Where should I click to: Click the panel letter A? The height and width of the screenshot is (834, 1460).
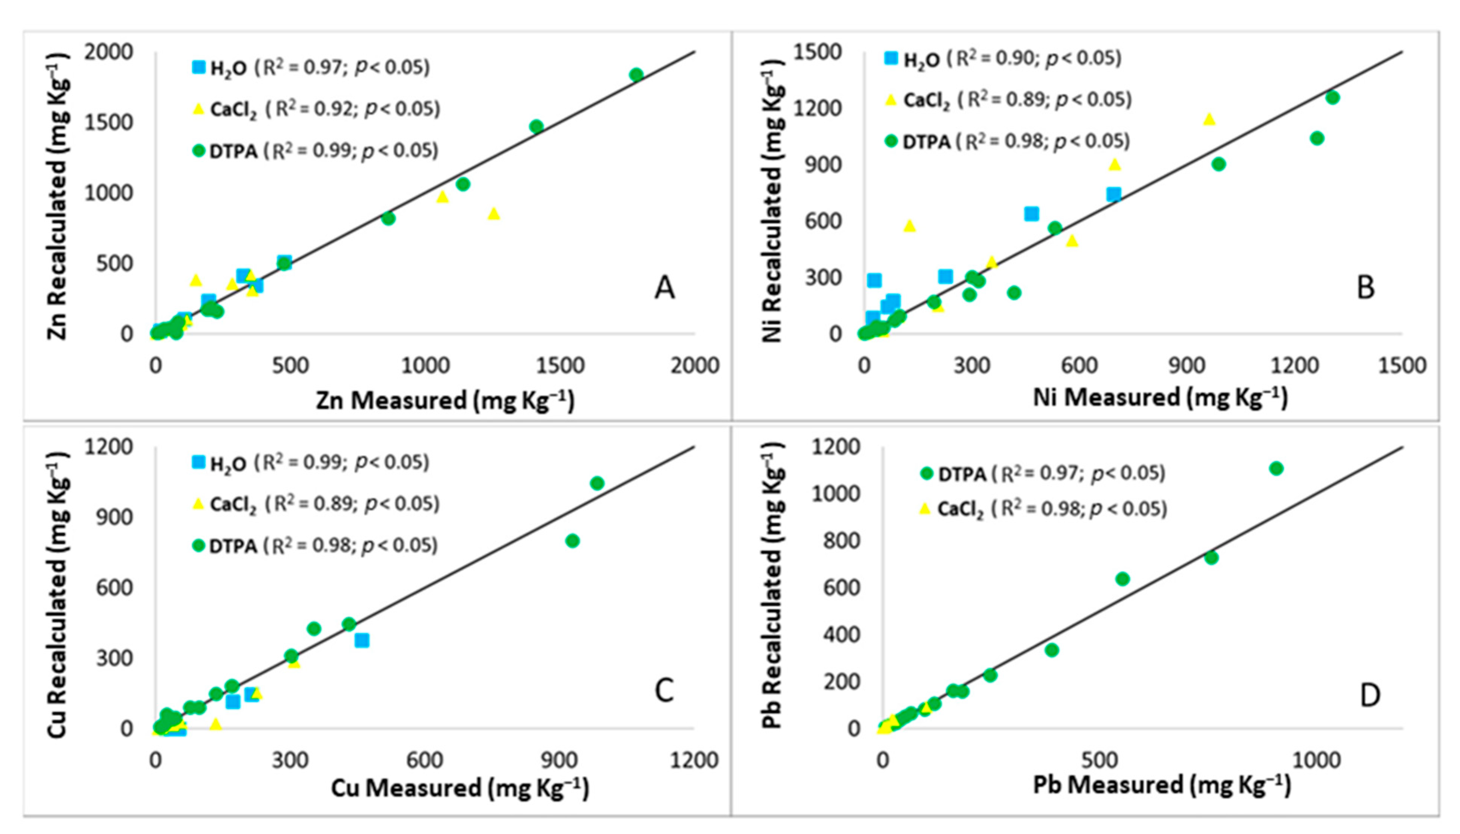tap(664, 288)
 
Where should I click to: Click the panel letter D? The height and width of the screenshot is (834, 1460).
tap(1370, 696)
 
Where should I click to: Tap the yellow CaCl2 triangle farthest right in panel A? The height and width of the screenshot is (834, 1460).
tap(494, 214)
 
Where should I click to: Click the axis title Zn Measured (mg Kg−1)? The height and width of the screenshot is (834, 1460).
tap(445, 400)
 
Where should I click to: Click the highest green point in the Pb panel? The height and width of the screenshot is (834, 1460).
tap(1276, 468)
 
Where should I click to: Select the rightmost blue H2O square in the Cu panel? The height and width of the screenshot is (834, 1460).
tap(362, 640)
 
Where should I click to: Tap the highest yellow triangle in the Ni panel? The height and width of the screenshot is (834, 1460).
tap(1209, 119)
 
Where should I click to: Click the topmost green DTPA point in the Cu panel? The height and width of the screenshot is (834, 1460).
tap(597, 483)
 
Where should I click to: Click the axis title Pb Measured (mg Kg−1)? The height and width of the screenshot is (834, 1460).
tap(1162, 785)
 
